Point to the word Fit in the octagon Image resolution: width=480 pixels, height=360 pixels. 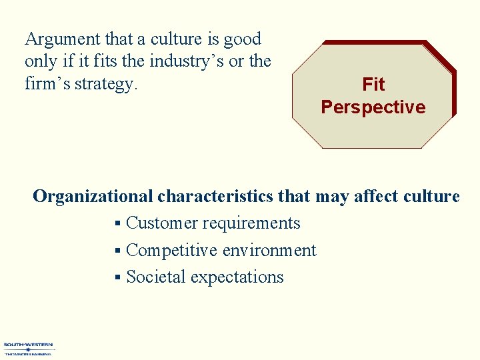[373, 85]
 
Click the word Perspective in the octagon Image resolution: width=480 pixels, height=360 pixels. [373, 107]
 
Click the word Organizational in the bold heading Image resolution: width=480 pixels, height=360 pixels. [93, 197]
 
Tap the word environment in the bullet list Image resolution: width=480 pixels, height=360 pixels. [269, 250]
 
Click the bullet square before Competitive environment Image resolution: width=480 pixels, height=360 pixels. [117, 251]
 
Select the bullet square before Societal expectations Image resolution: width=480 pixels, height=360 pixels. [117, 277]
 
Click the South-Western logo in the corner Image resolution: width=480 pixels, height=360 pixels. [29, 349]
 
